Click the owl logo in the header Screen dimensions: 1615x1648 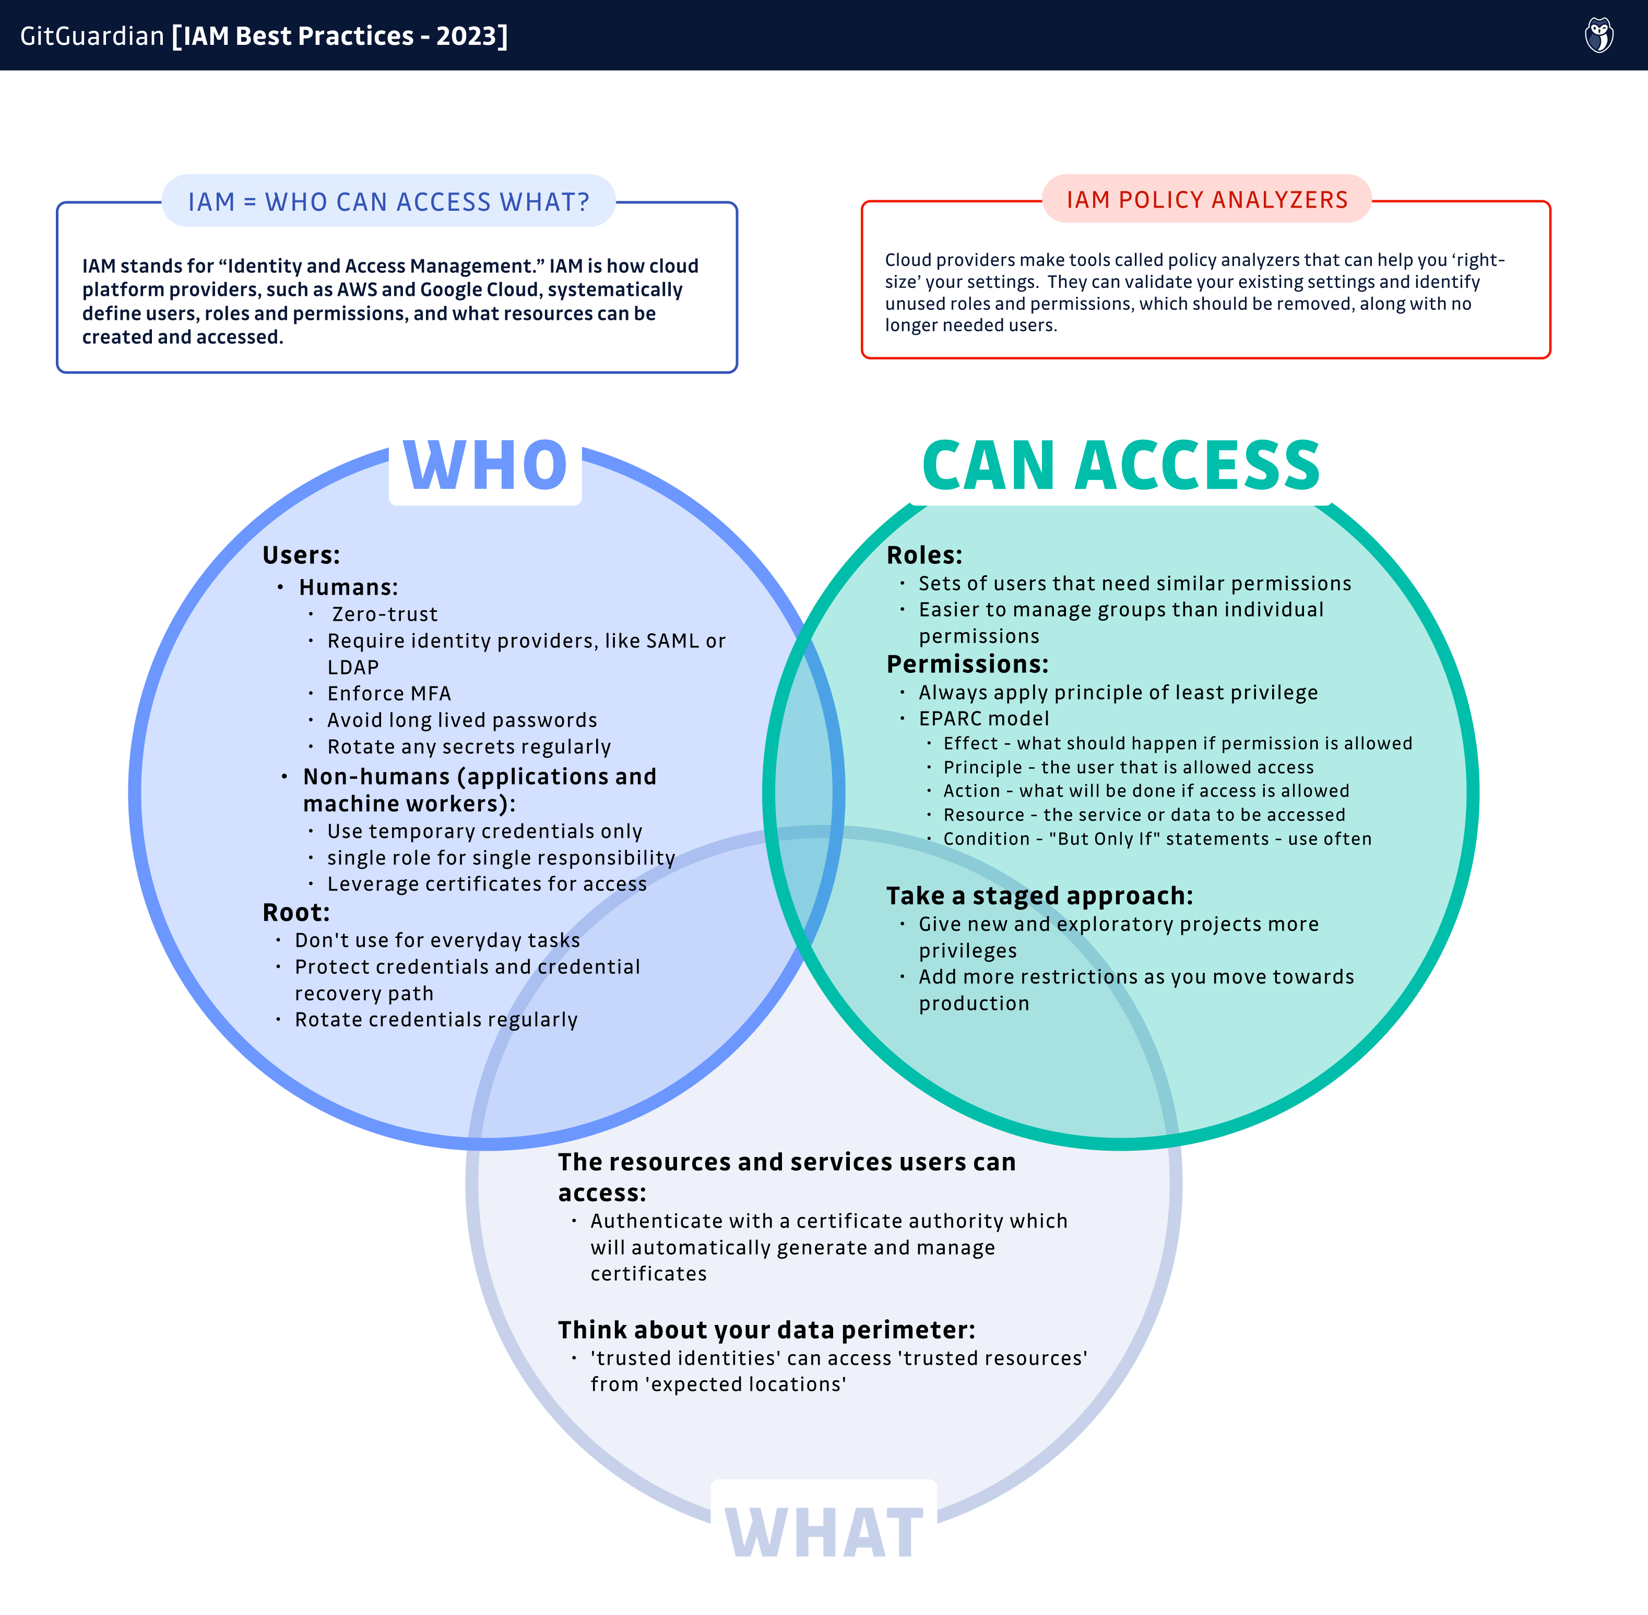click(1599, 35)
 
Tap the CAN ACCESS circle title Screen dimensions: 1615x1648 click(1120, 466)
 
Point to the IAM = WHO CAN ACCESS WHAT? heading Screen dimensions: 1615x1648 click(389, 202)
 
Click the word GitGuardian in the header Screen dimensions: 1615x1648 click(92, 35)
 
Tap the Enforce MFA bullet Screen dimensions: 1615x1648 click(389, 694)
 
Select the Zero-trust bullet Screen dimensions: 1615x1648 click(384, 614)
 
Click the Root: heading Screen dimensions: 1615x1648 click(296, 913)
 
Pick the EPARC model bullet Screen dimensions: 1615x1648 click(983, 718)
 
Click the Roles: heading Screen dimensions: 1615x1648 click(924, 556)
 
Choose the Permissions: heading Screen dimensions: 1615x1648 click(967, 664)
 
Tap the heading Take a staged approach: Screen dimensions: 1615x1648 click(1039, 896)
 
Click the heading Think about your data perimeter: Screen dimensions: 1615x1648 click(766, 1329)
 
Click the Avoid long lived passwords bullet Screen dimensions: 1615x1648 click(461, 720)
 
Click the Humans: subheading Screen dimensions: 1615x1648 click(348, 587)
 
